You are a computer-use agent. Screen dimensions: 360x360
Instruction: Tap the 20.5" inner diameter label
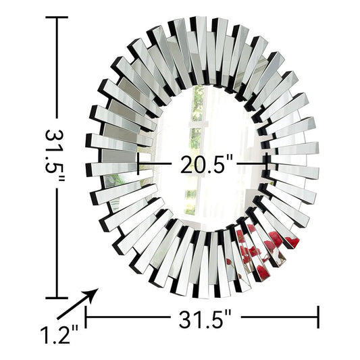click(207, 164)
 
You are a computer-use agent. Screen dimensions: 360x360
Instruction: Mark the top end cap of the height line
click(57, 18)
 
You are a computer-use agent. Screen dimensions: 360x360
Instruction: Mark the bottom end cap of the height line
click(57, 297)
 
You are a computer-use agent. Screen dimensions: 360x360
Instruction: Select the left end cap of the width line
click(86, 316)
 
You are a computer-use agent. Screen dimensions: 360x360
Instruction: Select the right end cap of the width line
click(318, 316)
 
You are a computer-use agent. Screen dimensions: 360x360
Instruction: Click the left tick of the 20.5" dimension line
click(139, 163)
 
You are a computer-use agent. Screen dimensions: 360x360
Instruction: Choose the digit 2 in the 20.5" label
click(185, 164)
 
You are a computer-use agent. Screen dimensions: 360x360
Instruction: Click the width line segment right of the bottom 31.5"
click(277, 316)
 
